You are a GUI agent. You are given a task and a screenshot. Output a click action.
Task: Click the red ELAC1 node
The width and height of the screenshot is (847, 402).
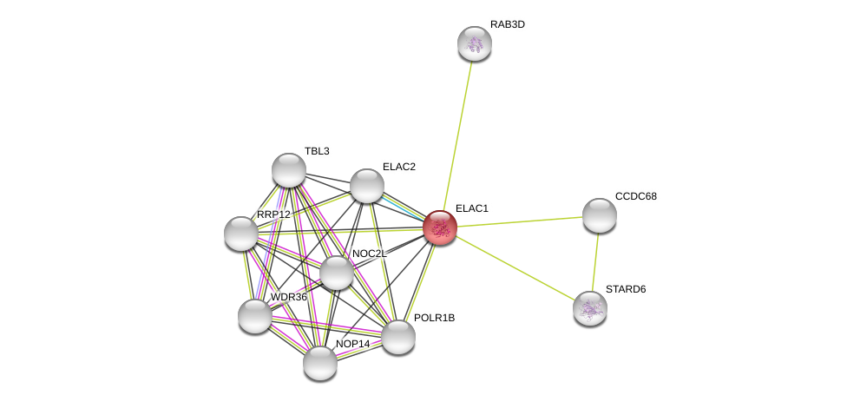pos(440,227)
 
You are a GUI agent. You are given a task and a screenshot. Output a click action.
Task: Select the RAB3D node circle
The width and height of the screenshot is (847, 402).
pos(475,43)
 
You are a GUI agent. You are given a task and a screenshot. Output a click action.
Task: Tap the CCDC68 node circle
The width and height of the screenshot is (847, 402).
pos(599,215)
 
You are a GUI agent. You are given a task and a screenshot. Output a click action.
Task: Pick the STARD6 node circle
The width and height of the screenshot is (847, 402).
pos(590,307)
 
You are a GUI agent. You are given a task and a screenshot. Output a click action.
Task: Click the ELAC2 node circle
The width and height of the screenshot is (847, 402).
pos(367,186)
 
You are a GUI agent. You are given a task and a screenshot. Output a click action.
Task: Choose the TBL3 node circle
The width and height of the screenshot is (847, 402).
pos(289,170)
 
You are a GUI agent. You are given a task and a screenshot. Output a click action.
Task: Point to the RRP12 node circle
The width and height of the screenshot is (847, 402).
pos(241,234)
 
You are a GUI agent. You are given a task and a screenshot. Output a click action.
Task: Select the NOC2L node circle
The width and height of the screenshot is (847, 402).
pos(337,273)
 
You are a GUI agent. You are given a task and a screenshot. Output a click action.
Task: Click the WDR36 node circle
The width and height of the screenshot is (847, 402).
pos(255,316)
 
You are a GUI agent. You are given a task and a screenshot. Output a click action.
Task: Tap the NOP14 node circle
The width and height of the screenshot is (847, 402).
pos(320,362)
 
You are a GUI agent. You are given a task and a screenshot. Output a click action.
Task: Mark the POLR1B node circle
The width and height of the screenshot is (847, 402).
pos(398,337)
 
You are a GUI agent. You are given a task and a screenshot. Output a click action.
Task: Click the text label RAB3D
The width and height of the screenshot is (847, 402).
pos(507,24)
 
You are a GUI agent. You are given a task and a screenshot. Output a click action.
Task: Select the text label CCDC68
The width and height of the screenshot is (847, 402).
pos(636,196)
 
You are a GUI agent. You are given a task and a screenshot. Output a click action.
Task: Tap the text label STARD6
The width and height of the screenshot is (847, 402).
pos(626,289)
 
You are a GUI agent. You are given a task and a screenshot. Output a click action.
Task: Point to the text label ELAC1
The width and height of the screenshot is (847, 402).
pos(472,208)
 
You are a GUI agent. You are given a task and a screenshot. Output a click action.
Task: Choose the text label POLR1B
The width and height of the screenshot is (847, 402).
pos(434,318)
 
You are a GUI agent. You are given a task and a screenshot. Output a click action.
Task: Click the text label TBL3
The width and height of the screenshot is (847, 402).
pos(317,151)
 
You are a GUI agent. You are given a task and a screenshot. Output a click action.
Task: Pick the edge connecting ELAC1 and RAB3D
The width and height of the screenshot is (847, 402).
pos(457,135)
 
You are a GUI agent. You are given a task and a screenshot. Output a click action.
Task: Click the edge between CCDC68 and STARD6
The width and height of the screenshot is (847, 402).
pos(594,261)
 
